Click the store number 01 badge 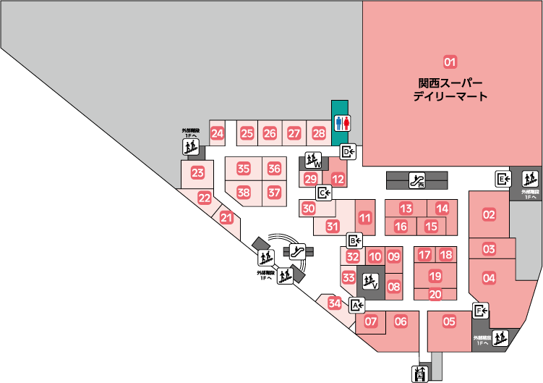(x=450, y=62)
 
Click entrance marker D (x=349, y=151)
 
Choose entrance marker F (x=481, y=311)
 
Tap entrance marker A (x=357, y=305)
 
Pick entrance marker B (x=354, y=241)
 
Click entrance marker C (x=324, y=193)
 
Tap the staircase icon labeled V (x=371, y=280)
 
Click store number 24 (x=217, y=133)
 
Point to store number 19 (x=435, y=276)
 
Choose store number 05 (x=449, y=321)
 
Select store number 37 (x=274, y=193)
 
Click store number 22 (x=205, y=198)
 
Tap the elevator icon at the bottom (x=419, y=374)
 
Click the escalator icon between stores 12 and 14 (x=417, y=180)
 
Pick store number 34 (x=334, y=303)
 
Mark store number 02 (x=489, y=214)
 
